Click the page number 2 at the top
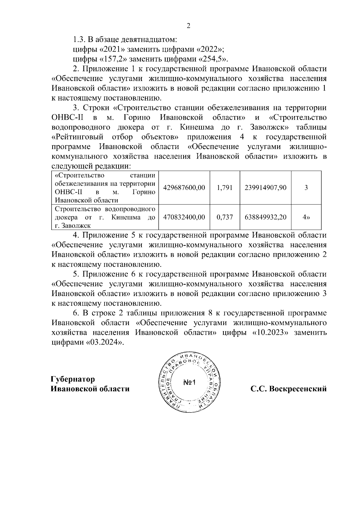[188, 26]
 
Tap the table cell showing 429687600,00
[184, 188]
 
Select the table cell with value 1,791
[225, 188]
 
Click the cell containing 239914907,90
[265, 188]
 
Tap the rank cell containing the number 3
[306, 188]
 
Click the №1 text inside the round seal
[189, 382]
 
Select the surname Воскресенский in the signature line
[298, 389]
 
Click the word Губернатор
[73, 379]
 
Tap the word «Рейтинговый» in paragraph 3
[77, 137]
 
